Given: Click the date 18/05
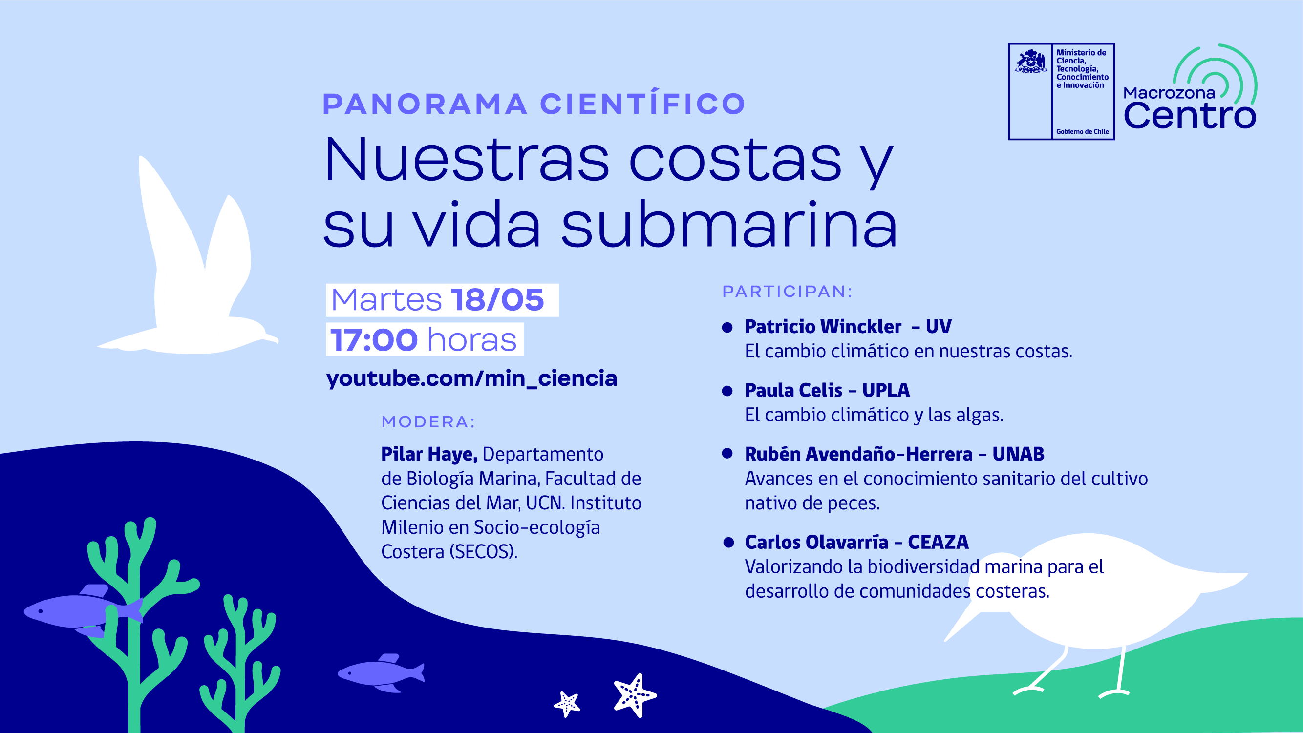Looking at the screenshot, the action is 497,300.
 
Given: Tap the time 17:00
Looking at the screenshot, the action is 374,340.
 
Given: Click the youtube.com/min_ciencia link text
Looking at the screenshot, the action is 471,378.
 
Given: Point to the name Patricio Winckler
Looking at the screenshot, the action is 823,327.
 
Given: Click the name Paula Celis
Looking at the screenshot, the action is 793,390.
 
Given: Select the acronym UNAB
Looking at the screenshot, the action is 1018,454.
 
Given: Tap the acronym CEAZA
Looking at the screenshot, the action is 939,542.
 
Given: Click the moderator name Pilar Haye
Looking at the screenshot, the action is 429,454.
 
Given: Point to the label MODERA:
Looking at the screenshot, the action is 428,421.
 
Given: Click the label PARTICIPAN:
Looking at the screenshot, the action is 787,291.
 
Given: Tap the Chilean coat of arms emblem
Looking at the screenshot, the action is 1031,62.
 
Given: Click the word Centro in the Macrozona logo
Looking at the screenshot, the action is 1190,116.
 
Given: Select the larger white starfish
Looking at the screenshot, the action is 635,695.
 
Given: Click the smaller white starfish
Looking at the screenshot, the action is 567,704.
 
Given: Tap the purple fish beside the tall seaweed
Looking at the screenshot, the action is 84,610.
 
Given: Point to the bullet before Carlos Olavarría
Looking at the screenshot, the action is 728,543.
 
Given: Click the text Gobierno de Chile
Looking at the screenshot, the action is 1083,131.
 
